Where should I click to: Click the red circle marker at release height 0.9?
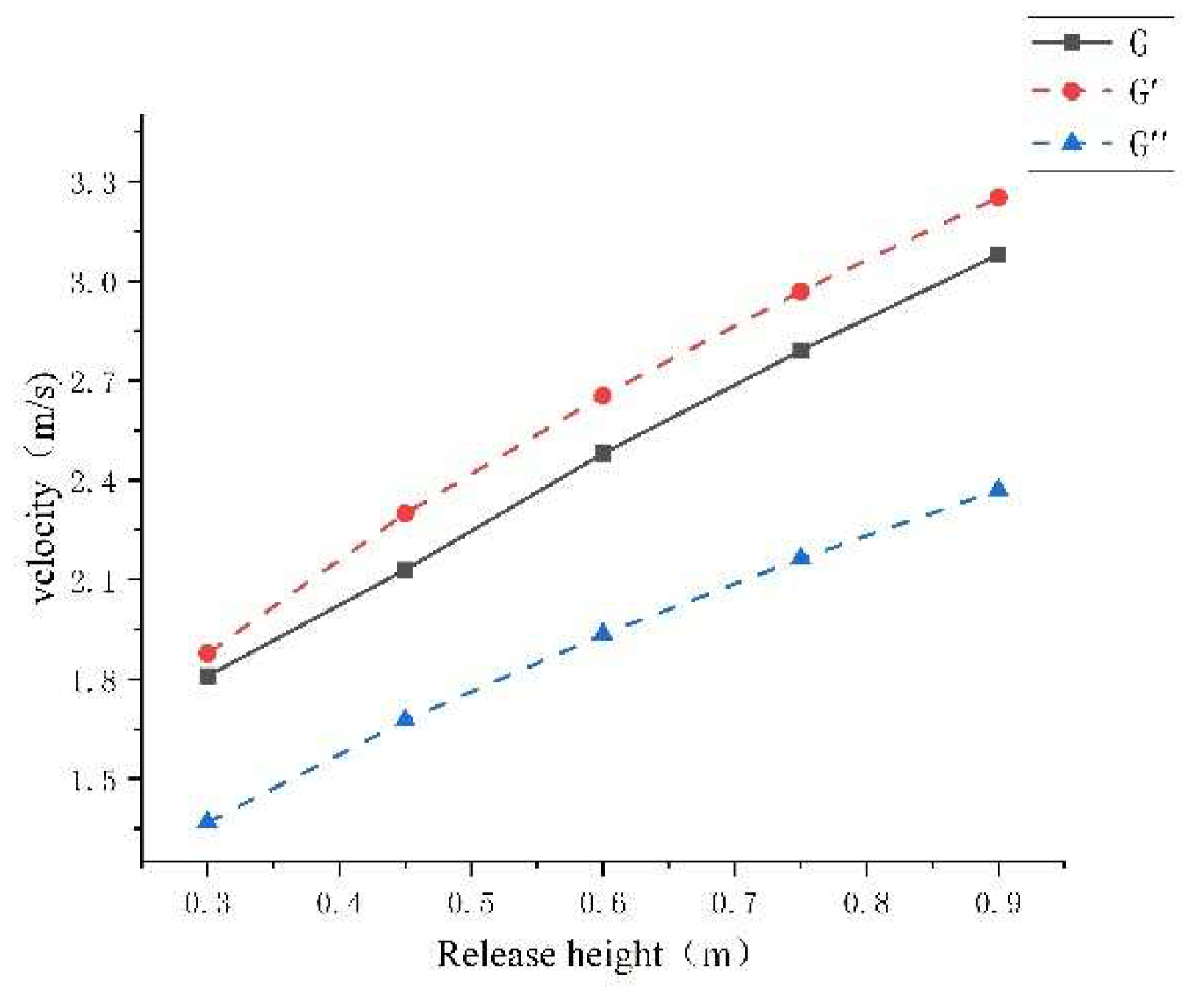[x=998, y=197]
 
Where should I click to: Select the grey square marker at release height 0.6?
[x=603, y=454]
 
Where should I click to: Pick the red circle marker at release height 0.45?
[x=405, y=513]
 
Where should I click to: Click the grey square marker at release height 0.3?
[x=208, y=676]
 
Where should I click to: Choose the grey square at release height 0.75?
[x=801, y=351]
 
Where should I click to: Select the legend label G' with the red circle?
[x=1143, y=92]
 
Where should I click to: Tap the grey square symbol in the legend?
[x=1072, y=43]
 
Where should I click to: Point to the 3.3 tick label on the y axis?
[x=93, y=183]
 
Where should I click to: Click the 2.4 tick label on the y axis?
[x=93, y=481]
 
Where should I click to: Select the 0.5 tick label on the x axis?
[x=471, y=903]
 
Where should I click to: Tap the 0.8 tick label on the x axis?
[x=867, y=903]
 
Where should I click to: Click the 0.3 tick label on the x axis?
[x=208, y=903]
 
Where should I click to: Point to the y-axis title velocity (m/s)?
[x=44, y=487]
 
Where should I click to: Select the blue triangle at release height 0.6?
[x=603, y=633]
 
